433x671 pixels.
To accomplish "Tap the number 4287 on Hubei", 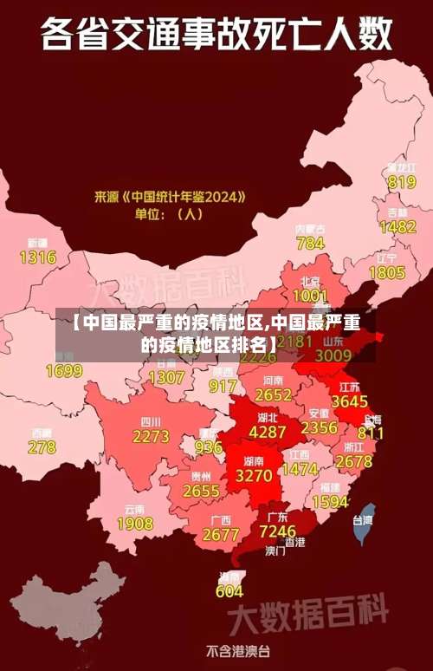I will pyautogui.click(x=267, y=431).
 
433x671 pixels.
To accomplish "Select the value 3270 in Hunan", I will pyautogui.click(x=254, y=476).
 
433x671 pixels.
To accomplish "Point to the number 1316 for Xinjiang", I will pyautogui.click(x=37, y=257).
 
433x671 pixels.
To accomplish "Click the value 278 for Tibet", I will pyautogui.click(x=42, y=447).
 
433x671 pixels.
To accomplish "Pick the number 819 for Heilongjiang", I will pyautogui.click(x=402, y=182).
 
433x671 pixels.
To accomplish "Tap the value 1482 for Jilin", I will pyautogui.click(x=397, y=227).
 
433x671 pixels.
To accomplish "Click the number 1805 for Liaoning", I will pyautogui.click(x=387, y=273).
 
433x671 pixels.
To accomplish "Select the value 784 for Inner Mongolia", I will pyautogui.click(x=310, y=244).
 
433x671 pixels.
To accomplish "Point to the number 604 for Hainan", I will pyautogui.click(x=229, y=591).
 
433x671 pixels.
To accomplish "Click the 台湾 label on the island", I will pyautogui.click(x=362, y=520).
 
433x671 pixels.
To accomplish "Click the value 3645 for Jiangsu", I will pyautogui.click(x=350, y=401).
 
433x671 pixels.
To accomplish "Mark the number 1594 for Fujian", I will pyautogui.click(x=330, y=502).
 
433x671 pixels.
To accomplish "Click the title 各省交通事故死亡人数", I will pyautogui.click(x=216, y=36).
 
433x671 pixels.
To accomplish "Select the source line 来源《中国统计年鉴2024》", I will pyautogui.click(x=170, y=197).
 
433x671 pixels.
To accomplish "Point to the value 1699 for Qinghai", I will pyautogui.click(x=63, y=372).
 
